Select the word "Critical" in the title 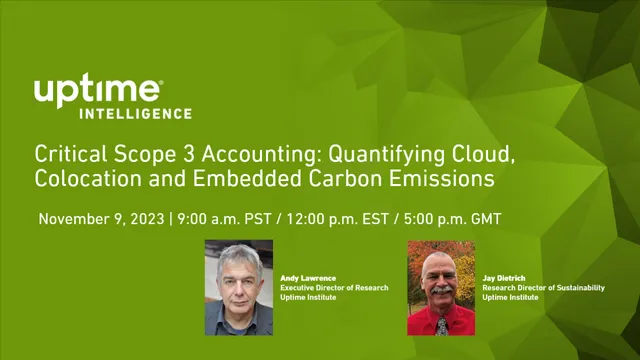coord(67,155)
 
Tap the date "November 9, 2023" coord(100,218)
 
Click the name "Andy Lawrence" coord(306,278)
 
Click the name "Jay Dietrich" coord(504,278)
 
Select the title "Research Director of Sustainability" coord(543,288)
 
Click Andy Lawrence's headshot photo coord(239,287)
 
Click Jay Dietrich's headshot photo coord(441,287)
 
